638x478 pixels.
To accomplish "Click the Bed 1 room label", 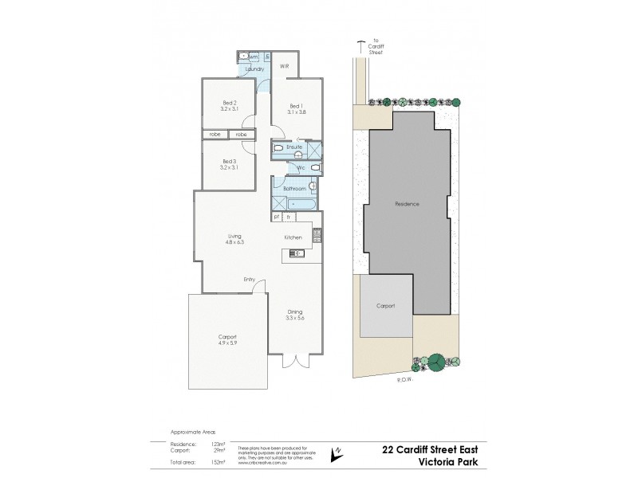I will click(295, 108).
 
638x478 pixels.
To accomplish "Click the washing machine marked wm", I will click(252, 57).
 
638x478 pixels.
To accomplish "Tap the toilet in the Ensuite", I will click(278, 149).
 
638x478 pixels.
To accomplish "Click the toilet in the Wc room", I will click(315, 168).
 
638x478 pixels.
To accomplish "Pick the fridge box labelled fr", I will click(289, 216).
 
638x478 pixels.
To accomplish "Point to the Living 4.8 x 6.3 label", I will click(234, 239).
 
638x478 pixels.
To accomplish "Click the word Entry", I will click(250, 279).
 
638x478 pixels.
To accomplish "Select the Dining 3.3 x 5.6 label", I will click(295, 315).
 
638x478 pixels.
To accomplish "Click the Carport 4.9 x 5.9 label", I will click(228, 340).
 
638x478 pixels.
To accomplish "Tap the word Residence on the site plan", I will click(407, 204).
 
